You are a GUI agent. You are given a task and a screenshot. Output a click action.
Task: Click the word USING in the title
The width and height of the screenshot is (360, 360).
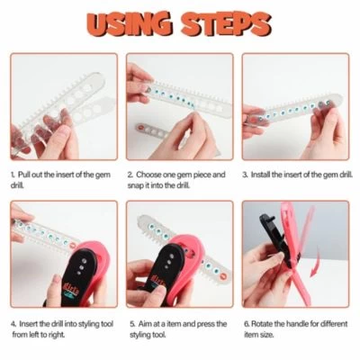pos(130,23)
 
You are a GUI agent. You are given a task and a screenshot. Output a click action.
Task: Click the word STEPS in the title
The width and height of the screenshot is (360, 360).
pos(226,23)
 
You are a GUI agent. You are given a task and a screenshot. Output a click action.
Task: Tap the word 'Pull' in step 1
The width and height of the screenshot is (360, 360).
pos(24,175)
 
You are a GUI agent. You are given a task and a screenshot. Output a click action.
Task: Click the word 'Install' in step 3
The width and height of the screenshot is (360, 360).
pos(260,175)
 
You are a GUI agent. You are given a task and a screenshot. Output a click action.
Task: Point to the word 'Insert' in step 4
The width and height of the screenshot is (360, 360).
pos(29,324)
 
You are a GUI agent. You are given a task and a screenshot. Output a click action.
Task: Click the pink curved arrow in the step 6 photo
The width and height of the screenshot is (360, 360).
pos(317,265)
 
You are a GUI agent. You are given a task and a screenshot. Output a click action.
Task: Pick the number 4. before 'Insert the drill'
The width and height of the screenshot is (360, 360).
pos(13,324)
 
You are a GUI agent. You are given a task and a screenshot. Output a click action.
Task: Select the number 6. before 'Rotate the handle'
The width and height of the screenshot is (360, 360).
pos(247,324)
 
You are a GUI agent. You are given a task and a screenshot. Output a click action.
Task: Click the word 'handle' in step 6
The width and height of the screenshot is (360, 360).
pos(298,324)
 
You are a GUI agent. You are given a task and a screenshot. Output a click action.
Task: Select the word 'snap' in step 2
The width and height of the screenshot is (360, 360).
pos(135,185)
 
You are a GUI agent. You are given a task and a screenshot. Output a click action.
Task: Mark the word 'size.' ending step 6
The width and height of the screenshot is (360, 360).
pos(266,335)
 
